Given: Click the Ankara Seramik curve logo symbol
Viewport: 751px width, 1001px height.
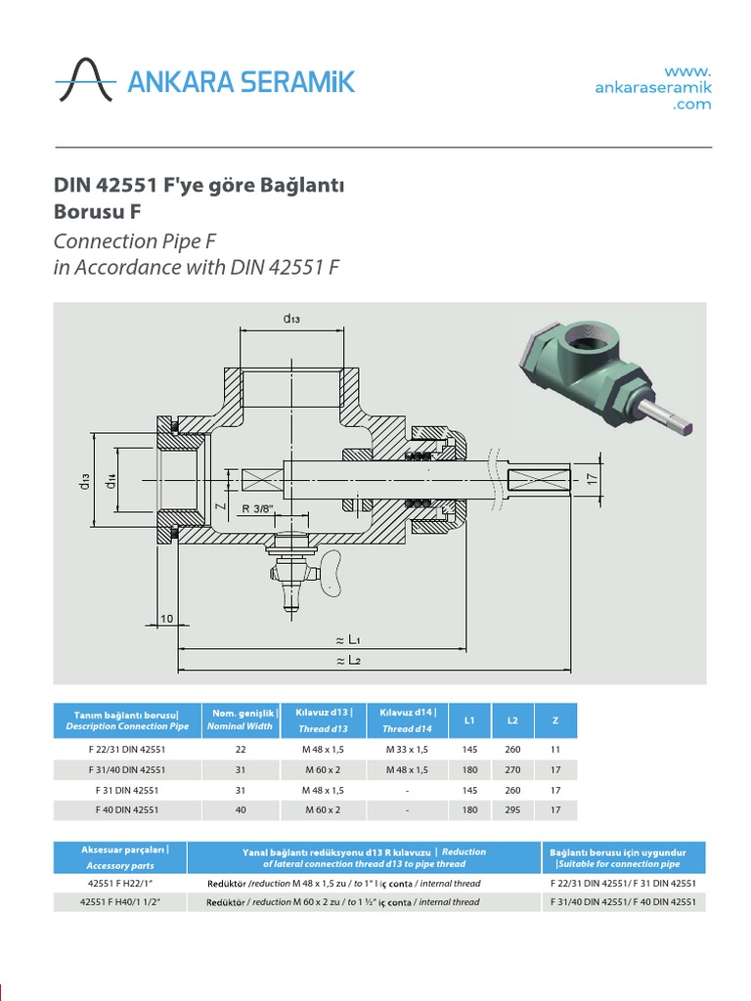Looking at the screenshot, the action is click(x=85, y=80).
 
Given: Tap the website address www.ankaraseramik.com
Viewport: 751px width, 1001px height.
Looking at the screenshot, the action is click(x=653, y=87).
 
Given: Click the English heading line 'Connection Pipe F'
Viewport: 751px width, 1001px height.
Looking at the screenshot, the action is click(x=135, y=241).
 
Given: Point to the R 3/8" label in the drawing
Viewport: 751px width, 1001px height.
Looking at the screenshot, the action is click(x=258, y=508).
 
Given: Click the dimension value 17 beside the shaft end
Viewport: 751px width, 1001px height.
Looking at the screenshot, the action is click(x=592, y=478).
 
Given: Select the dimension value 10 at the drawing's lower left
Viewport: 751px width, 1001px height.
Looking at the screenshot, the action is click(x=166, y=618).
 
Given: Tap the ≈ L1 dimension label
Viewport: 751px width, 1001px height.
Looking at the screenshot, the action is click(x=349, y=639).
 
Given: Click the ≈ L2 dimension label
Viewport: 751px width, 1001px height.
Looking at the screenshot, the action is click(x=349, y=660).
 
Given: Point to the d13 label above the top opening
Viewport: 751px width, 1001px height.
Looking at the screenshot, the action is click(x=291, y=318).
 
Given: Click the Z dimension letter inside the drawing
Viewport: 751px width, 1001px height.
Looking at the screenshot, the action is click(x=220, y=506).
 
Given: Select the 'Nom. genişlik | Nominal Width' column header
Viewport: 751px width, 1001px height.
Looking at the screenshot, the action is click(x=241, y=720).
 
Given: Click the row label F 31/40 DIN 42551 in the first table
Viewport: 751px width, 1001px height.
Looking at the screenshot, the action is click(x=127, y=769).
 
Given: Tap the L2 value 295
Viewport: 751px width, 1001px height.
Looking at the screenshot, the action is click(x=512, y=809).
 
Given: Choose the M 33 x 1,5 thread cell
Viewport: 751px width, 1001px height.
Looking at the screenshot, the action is click(x=407, y=749).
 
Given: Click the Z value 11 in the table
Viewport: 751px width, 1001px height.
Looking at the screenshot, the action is click(x=555, y=749).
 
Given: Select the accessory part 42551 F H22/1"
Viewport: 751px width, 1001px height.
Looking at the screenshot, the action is click(x=120, y=883).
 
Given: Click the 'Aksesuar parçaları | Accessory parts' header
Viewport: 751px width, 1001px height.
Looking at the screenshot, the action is click(x=120, y=857).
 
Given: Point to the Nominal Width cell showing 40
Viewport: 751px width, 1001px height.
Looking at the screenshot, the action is click(x=241, y=809).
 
